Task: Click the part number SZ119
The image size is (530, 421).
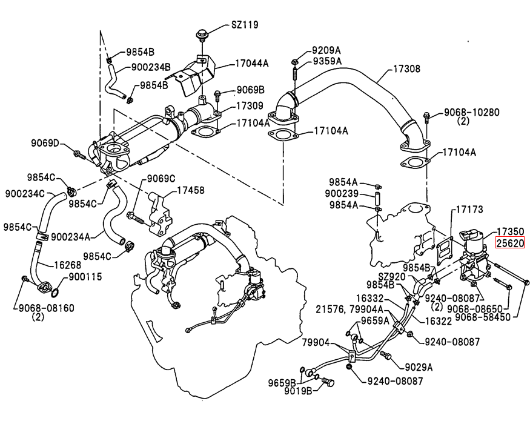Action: [245, 25]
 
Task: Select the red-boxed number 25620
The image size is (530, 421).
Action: [510, 243]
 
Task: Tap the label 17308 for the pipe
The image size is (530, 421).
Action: [406, 68]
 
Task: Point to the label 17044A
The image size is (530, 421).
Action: [252, 63]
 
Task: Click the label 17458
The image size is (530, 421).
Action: [191, 190]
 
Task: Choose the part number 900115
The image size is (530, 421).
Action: [85, 277]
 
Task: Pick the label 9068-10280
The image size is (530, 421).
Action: [471, 112]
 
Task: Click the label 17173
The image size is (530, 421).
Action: [469, 210]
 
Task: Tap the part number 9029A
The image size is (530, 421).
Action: [419, 366]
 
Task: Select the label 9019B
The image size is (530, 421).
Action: [298, 391]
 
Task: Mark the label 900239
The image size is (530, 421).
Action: [342, 193]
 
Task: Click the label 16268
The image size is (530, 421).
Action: [68, 265]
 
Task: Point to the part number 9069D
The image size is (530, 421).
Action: [45, 143]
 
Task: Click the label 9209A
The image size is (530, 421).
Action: [326, 51]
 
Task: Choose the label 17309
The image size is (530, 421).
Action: [250, 105]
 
